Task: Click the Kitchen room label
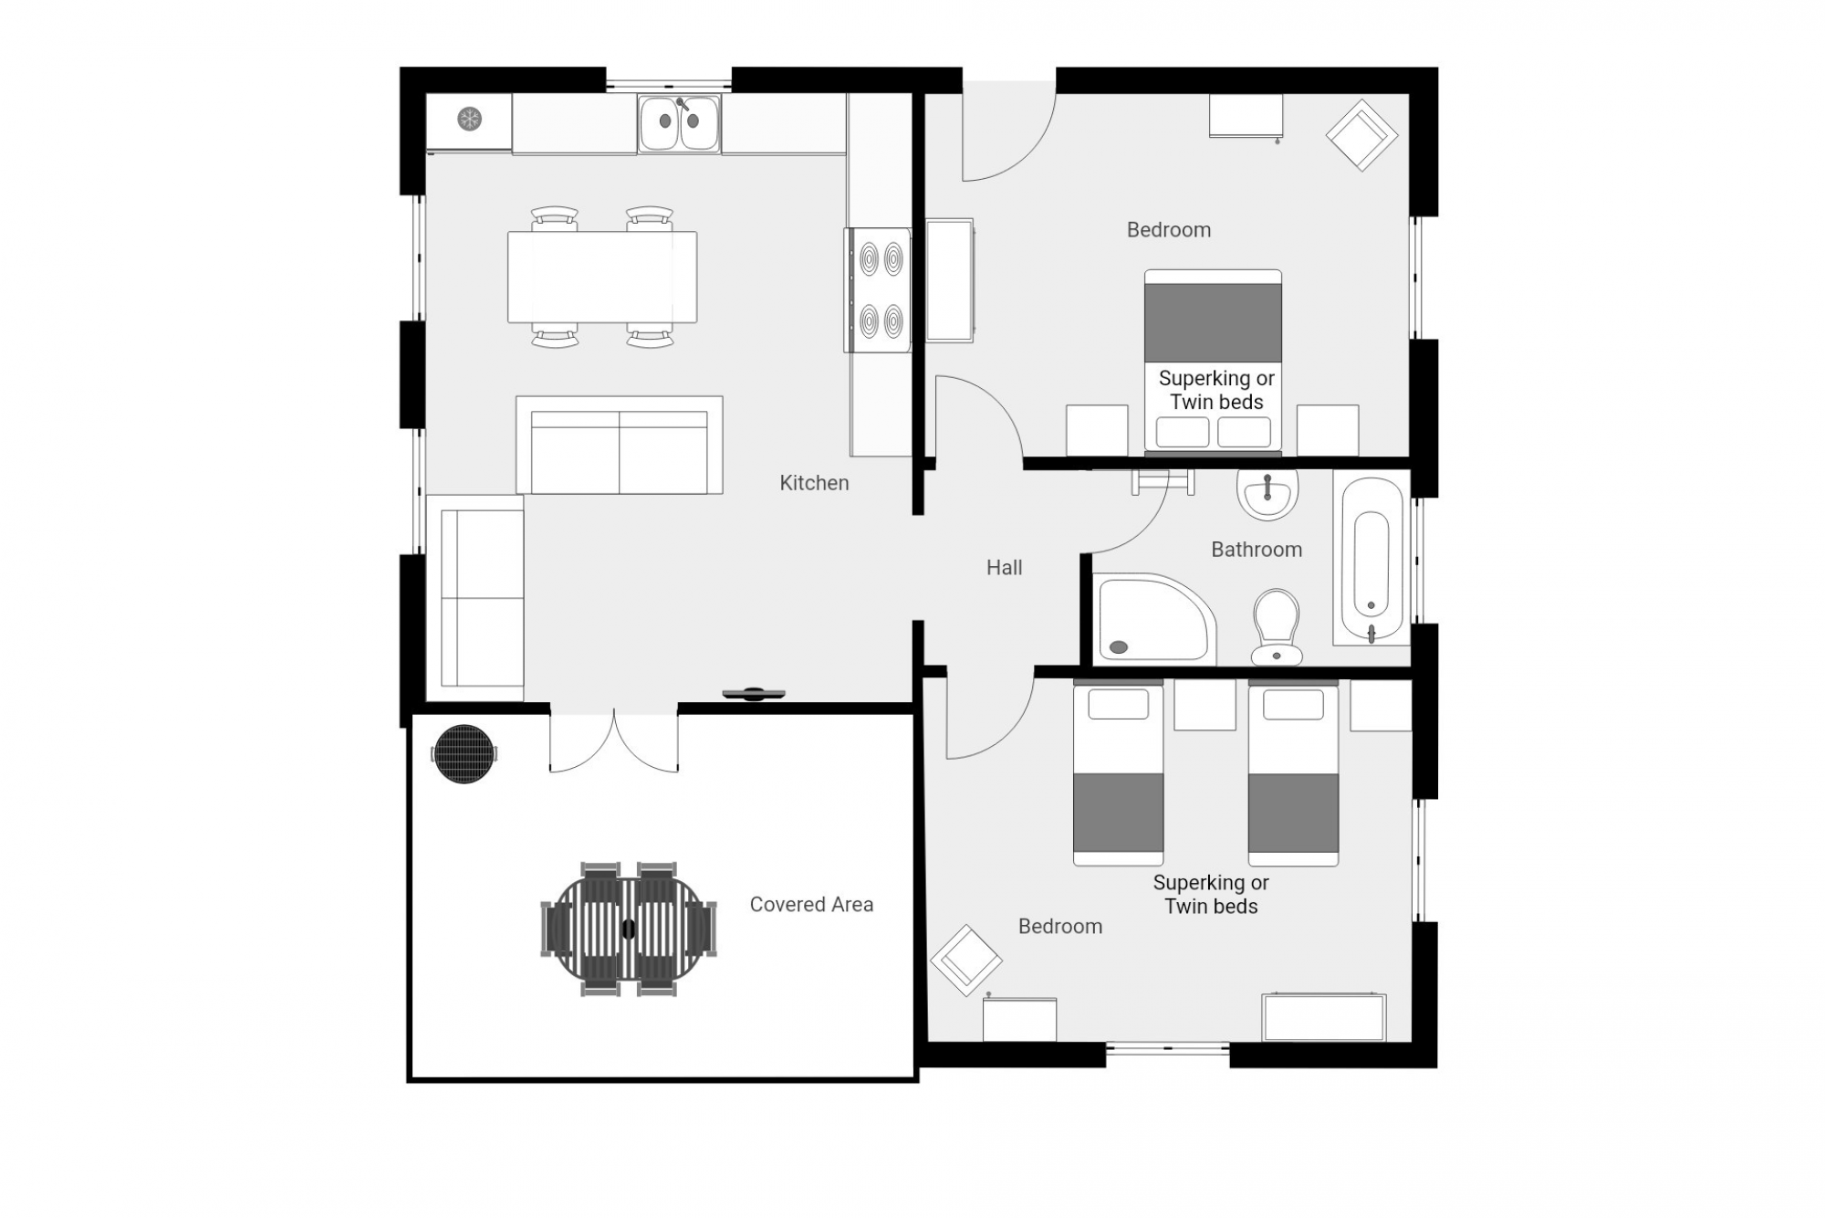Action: click(814, 483)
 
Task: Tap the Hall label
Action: click(1004, 568)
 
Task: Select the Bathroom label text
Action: click(1257, 550)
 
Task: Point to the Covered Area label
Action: click(811, 905)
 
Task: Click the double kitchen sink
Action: click(680, 123)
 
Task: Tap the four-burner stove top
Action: click(878, 289)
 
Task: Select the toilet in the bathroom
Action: click(1277, 627)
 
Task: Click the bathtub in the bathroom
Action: click(1371, 557)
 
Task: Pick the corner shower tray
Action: click(1155, 618)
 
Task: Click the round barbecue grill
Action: click(464, 754)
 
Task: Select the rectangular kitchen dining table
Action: click(602, 277)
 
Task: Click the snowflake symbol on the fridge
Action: click(469, 119)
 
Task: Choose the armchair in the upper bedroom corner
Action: click(1361, 135)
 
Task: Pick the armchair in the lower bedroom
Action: click(966, 961)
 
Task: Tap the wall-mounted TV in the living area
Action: click(754, 695)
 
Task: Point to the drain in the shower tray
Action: click(1119, 647)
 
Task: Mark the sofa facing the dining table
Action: click(620, 446)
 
